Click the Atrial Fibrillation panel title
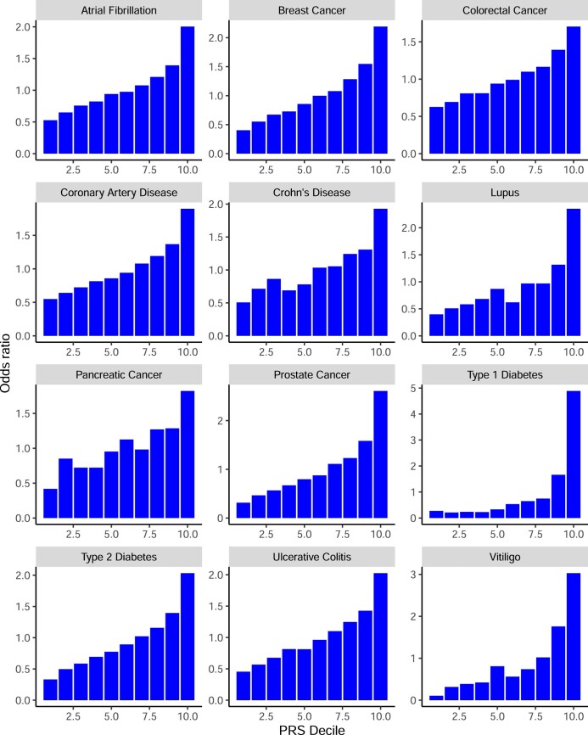coord(120,10)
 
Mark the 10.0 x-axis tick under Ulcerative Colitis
coord(378,714)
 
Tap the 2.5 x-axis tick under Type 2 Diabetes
coord(76,714)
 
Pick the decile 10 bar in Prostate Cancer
coord(378,454)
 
